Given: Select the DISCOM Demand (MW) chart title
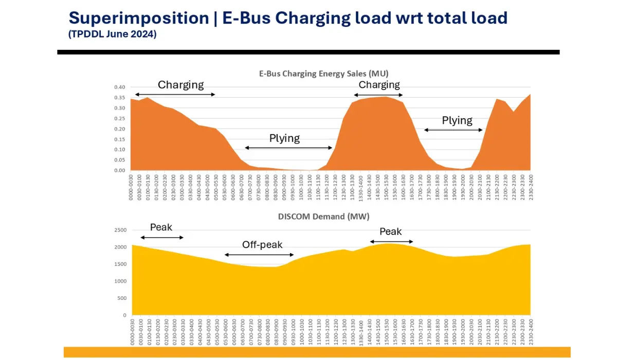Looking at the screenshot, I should pyautogui.click(x=323, y=217).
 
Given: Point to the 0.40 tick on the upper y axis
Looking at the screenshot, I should pyautogui.click(x=119, y=87).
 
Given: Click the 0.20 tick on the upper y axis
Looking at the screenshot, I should pyautogui.click(x=119, y=129).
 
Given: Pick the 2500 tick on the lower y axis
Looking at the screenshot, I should pyautogui.click(x=119, y=230).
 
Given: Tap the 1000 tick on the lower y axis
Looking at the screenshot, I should pyautogui.click(x=119, y=281).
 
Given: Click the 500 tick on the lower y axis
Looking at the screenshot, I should pyautogui.click(x=121, y=298).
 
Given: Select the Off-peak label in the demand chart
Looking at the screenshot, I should pyautogui.click(x=262, y=245).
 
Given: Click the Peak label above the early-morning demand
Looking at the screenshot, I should pyautogui.click(x=161, y=227).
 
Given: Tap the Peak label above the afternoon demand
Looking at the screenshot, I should pyautogui.click(x=391, y=232).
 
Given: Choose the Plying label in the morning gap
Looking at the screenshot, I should pyautogui.click(x=284, y=138).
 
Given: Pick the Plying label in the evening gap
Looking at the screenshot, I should pyautogui.click(x=457, y=120).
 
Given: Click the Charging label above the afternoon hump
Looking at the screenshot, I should pyautogui.click(x=379, y=85).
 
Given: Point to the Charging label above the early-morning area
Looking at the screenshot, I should pyautogui.click(x=180, y=85).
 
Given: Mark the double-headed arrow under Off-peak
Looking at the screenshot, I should pyautogui.click(x=259, y=255).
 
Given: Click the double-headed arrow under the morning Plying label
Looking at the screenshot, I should pyautogui.click(x=288, y=148).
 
